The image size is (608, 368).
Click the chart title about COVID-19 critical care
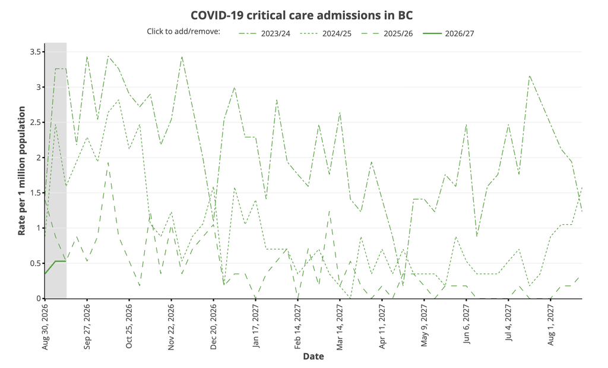pyautogui.click(x=302, y=15)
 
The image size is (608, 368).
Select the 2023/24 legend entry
pyautogui.click(x=264, y=33)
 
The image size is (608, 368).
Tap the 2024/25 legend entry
pyautogui.click(x=326, y=33)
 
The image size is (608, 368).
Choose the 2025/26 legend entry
pyautogui.click(x=387, y=33)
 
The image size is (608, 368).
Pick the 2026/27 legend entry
pyautogui.click(x=448, y=33)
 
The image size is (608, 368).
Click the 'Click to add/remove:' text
pyautogui.click(x=183, y=31)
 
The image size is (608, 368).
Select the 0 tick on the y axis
pyautogui.click(x=39, y=298)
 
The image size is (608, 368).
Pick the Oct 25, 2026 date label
pyautogui.click(x=129, y=326)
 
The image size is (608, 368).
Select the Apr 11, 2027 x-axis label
pyautogui.click(x=382, y=326)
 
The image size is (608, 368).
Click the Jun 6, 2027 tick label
pyautogui.click(x=467, y=324)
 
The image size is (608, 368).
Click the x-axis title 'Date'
pyautogui.click(x=313, y=356)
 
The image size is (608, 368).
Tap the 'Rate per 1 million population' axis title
pyautogui.click(x=22, y=171)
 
